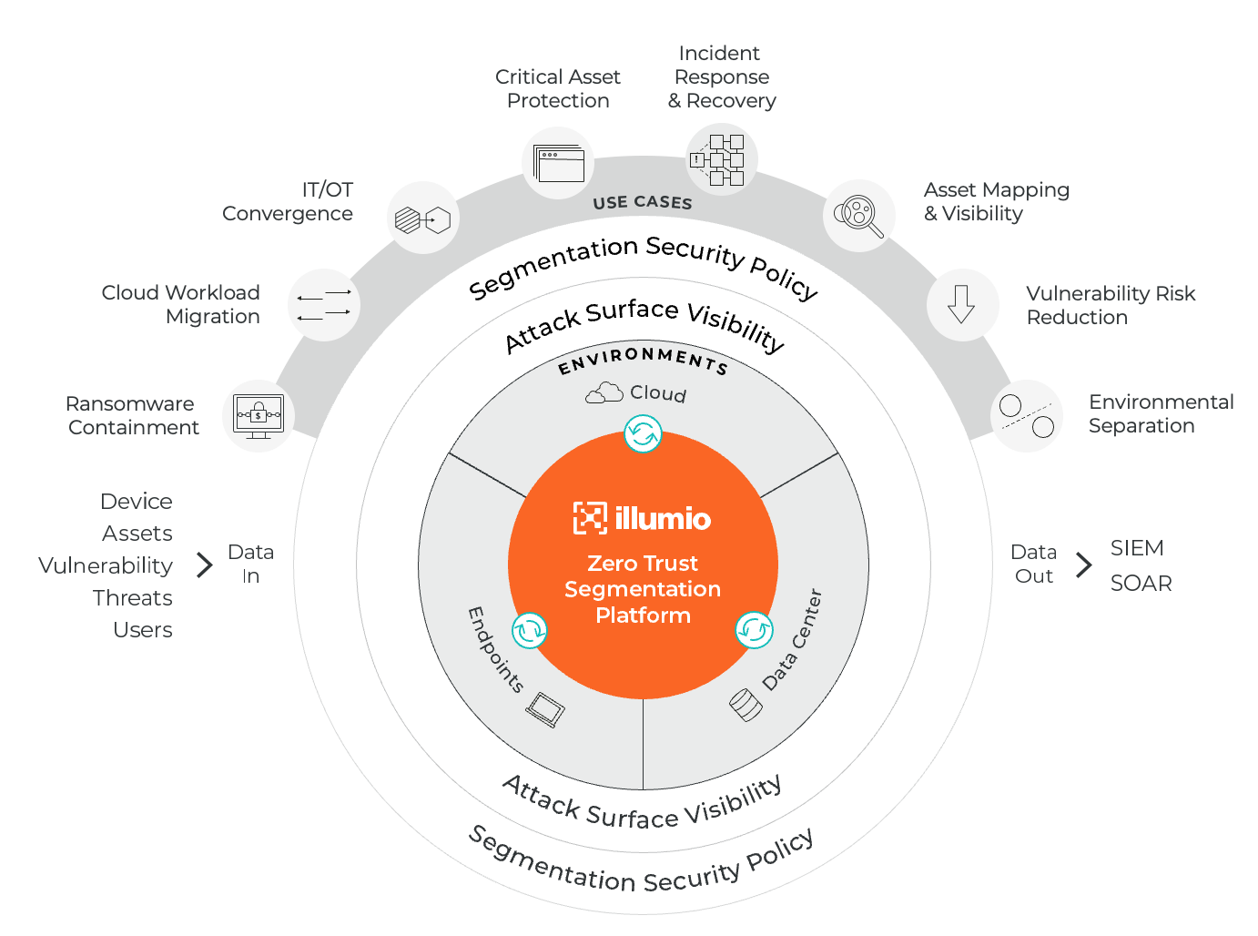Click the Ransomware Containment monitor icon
click(x=259, y=416)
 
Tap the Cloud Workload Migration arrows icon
click(x=324, y=305)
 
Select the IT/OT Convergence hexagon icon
click(x=423, y=219)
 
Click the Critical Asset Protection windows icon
click(x=559, y=164)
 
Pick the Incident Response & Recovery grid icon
click(x=721, y=160)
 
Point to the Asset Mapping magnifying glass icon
click(x=859, y=216)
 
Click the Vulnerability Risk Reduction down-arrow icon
click(x=962, y=304)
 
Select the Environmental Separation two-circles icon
click(x=1027, y=416)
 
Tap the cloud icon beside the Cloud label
click(x=604, y=393)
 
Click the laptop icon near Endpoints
click(x=546, y=709)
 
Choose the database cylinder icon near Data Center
click(x=746, y=705)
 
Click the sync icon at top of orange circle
click(x=643, y=433)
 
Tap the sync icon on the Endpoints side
click(x=529, y=629)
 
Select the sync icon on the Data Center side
click(x=754, y=629)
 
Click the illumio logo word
click(x=663, y=519)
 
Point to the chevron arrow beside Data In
click(x=205, y=565)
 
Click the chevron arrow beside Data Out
click(x=1083, y=565)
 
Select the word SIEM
click(x=1137, y=548)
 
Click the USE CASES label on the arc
click(x=643, y=203)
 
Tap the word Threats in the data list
click(x=133, y=598)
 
